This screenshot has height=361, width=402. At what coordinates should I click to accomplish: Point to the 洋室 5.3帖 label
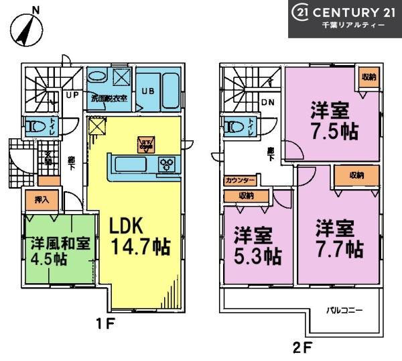click(x=257, y=246)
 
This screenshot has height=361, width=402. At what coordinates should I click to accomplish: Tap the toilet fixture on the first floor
click(x=33, y=125)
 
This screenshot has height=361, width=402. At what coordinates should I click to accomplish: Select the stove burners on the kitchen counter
click(x=166, y=164)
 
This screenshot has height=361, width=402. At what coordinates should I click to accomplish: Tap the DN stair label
click(x=267, y=103)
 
